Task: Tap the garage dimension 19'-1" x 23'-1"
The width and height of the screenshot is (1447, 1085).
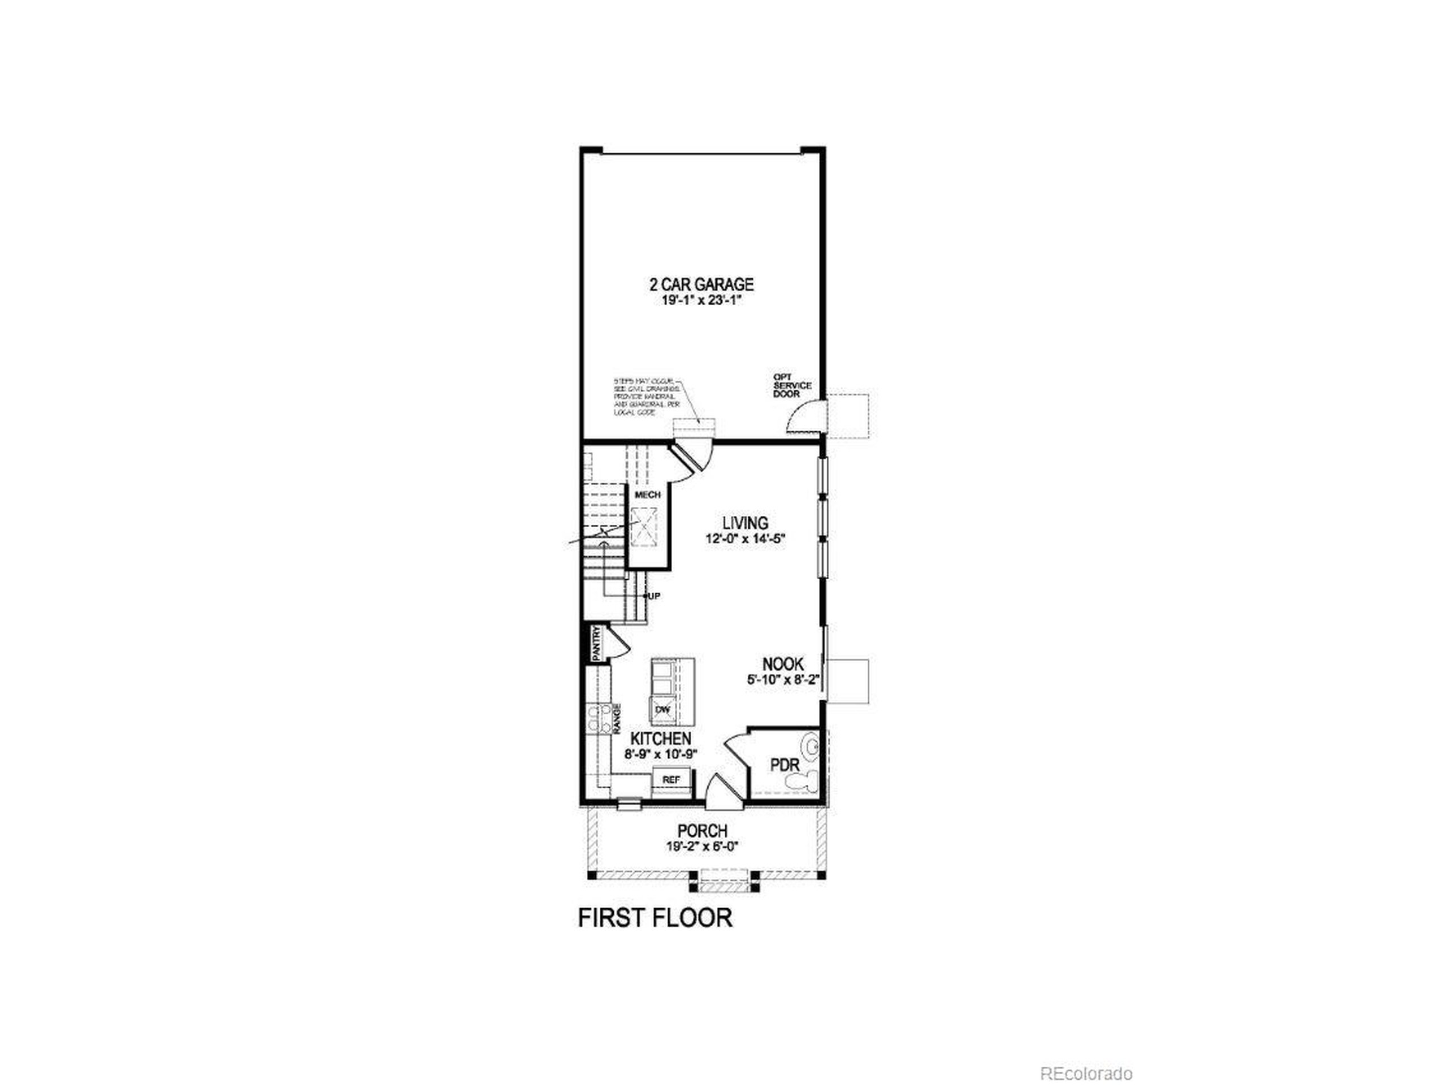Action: (x=701, y=302)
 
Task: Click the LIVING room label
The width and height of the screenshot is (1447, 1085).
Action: (x=745, y=523)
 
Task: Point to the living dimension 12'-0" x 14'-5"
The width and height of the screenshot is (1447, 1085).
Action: (x=745, y=539)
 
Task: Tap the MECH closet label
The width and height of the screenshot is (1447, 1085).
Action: (x=648, y=494)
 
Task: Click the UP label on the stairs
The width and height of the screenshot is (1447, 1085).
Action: (x=653, y=596)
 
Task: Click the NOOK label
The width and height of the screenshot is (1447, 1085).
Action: (x=782, y=664)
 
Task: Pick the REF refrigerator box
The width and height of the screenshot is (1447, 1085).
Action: (x=671, y=780)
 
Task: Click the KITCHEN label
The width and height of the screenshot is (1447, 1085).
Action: (x=661, y=739)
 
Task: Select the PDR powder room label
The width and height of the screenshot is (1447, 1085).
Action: (x=785, y=765)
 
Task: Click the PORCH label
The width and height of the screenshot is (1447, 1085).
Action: (x=702, y=831)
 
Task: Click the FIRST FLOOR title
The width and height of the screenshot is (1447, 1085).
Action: (x=655, y=918)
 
